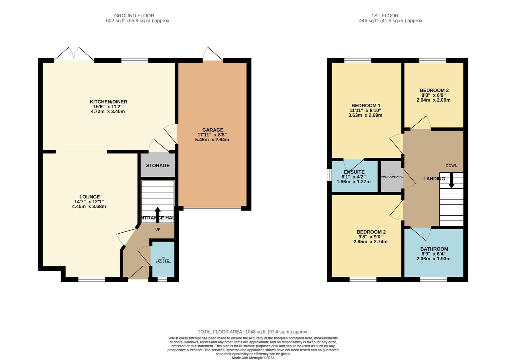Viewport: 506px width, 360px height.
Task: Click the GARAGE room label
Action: [213, 130]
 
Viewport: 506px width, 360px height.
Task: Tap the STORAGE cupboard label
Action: [158, 165]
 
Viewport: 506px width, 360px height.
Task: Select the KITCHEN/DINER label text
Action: [108, 102]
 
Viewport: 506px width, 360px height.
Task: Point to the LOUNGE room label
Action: [89, 197]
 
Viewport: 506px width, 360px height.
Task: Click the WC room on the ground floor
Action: [163, 259]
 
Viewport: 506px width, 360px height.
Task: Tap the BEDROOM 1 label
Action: [365, 105]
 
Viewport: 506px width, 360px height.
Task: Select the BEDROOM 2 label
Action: [371, 232]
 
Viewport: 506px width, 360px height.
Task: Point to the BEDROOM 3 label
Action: [434, 90]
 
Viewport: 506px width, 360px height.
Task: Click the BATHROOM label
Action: [434, 249]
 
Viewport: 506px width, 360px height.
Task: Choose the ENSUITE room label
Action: [354, 172]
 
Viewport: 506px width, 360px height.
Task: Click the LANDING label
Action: [434, 179]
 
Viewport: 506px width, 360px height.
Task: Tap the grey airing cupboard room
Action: [391, 177]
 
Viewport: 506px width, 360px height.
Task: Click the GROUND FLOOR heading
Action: [134, 15]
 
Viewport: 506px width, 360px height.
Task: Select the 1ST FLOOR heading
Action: [385, 15]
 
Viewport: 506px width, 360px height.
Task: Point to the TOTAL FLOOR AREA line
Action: [253, 332]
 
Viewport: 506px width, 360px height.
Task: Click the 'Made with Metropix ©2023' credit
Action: [253, 358]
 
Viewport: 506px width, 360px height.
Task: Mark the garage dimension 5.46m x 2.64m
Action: [212, 140]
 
